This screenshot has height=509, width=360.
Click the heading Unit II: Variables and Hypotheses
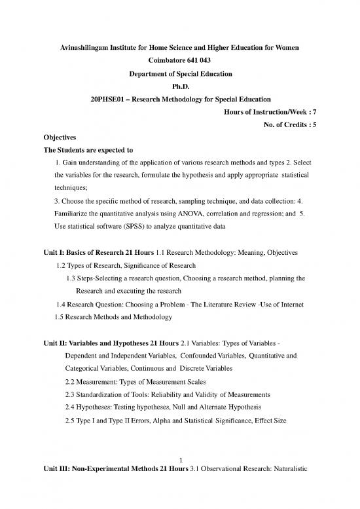click(x=98, y=346)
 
